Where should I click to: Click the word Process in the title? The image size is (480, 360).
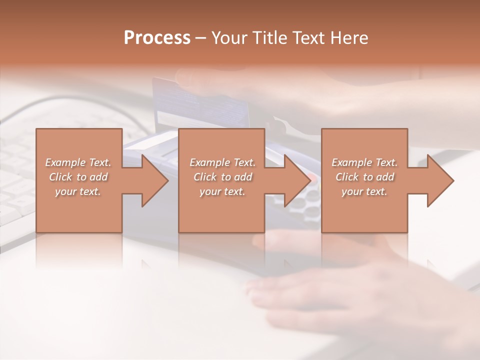157,38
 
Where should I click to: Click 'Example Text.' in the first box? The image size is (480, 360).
78,162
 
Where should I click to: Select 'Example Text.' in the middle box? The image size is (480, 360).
222,162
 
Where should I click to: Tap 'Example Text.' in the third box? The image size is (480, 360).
364,162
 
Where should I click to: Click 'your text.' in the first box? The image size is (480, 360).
78,191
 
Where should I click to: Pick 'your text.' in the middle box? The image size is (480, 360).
222,191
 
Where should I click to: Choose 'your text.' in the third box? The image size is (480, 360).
364,191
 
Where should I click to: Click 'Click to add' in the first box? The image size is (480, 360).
78,177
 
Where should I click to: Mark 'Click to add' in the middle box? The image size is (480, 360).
222,177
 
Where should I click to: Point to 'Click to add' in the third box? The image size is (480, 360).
364,177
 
